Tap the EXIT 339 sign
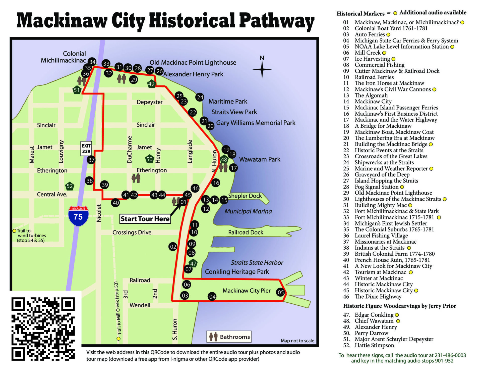click(x=86, y=149)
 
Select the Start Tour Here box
click(x=145, y=219)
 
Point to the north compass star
click(x=262, y=69)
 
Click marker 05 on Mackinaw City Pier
click(x=281, y=292)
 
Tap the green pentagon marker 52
click(x=70, y=186)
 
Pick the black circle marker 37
click(x=91, y=160)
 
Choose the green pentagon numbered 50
click(x=149, y=159)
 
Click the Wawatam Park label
click(x=260, y=159)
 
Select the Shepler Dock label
click(x=245, y=196)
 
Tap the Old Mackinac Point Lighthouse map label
click(x=193, y=62)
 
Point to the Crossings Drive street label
click(x=132, y=232)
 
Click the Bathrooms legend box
click(x=229, y=337)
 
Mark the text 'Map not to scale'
click(x=297, y=341)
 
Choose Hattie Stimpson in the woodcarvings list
click(x=374, y=345)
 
